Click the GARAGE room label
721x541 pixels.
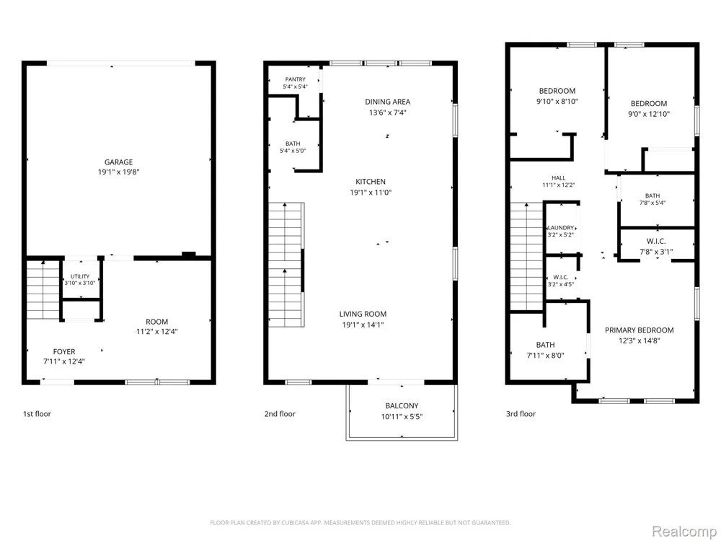click(x=119, y=162)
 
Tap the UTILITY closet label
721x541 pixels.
click(x=80, y=276)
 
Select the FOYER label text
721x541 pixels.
click(x=64, y=351)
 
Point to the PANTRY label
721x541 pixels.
click(x=295, y=79)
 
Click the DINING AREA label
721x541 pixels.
click(x=388, y=102)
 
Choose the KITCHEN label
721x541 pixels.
click(x=371, y=182)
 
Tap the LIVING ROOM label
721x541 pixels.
click(x=363, y=315)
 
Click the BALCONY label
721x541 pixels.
click(x=402, y=405)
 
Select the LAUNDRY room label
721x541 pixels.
click(x=561, y=228)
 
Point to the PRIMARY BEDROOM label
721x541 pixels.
click(x=639, y=330)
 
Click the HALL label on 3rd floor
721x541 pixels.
click(x=559, y=178)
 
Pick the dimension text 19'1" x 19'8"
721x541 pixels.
click(x=119, y=172)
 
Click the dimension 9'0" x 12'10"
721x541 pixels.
click(x=649, y=114)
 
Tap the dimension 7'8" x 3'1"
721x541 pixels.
click(x=656, y=252)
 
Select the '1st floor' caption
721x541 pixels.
click(x=37, y=414)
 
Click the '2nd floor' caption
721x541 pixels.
click(x=280, y=414)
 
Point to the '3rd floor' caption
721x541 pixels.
click(x=521, y=414)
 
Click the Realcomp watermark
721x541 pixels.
click(x=684, y=532)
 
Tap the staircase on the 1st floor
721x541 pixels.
click(x=43, y=290)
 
